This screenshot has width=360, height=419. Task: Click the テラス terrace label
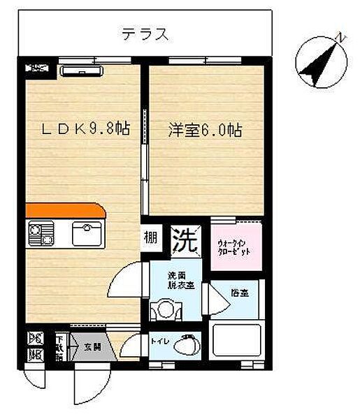(x=145, y=34)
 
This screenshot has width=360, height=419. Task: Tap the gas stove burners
(x=40, y=233)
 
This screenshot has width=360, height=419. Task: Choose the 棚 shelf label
(x=152, y=237)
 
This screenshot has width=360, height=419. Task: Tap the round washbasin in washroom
(x=166, y=308)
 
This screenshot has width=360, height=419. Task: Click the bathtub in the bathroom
(x=237, y=341)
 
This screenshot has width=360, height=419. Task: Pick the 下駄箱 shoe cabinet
(x=62, y=347)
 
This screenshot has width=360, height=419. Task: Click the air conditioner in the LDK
(x=82, y=70)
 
